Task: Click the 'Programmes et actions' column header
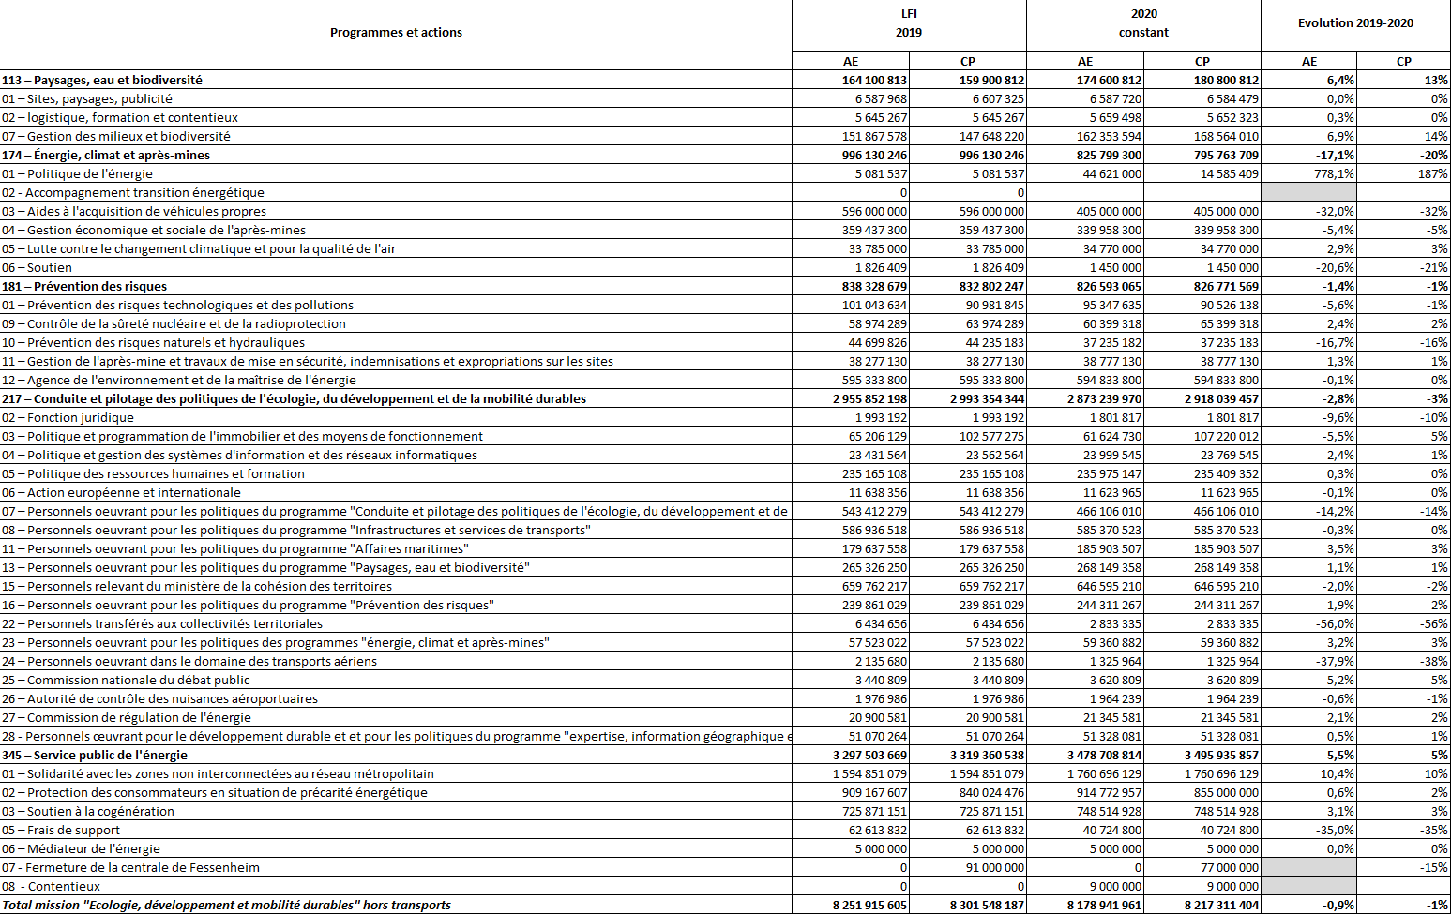pos(396,33)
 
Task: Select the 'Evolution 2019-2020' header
pos(1355,23)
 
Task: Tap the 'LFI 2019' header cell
pos(909,23)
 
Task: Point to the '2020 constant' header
pos(1143,23)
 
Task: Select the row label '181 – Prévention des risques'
pos(84,286)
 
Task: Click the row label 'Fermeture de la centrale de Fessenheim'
pos(130,867)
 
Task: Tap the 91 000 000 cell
pos(994,867)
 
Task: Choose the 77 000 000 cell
pos(1229,867)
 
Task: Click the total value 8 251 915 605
pos(869,905)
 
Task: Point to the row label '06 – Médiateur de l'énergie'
pos(81,848)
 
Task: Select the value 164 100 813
pos(874,80)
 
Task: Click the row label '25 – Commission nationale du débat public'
pos(126,680)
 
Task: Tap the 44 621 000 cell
pos(1111,173)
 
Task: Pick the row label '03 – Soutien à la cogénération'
pos(88,811)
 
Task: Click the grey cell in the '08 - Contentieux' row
pos(1308,886)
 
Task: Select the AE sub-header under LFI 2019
pos(851,61)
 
